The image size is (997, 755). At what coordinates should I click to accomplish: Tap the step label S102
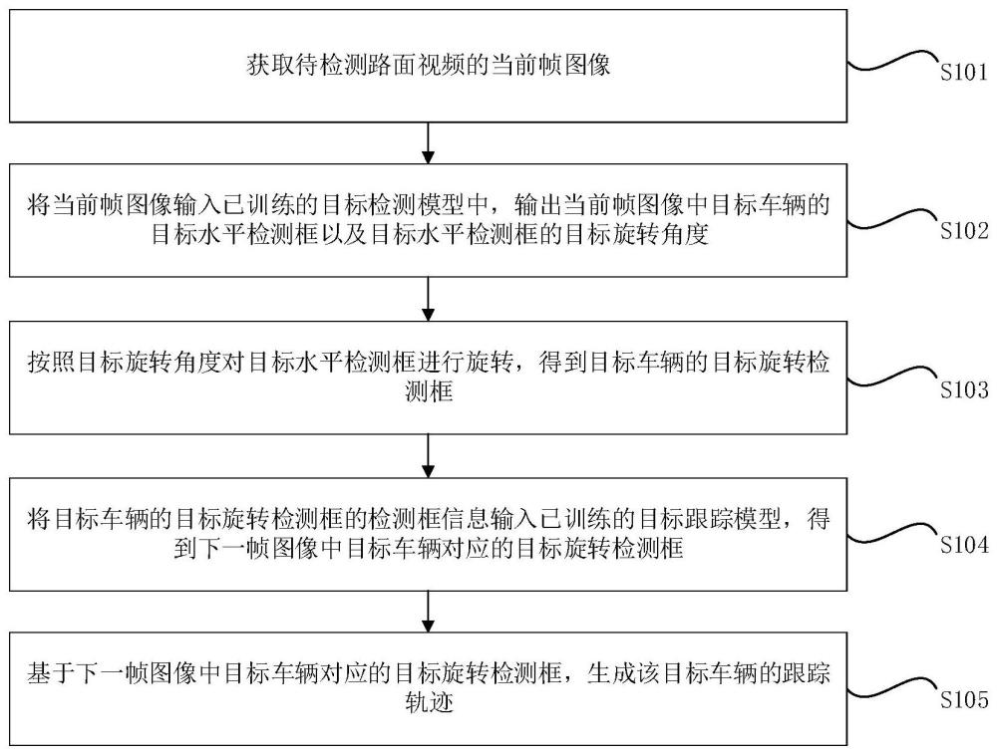[x=962, y=231]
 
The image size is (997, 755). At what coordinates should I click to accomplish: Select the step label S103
[x=962, y=390]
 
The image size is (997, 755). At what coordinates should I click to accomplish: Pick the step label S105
[x=962, y=700]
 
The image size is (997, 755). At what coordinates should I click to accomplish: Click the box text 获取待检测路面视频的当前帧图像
[x=429, y=67]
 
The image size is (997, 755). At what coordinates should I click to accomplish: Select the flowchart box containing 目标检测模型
[x=429, y=221]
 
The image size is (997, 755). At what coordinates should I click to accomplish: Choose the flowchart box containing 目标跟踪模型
[x=429, y=535]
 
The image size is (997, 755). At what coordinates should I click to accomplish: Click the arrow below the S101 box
[x=429, y=143]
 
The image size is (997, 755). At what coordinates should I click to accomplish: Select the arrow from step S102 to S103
[x=429, y=299]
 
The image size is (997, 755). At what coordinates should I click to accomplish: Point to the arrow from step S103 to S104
[x=429, y=455]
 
